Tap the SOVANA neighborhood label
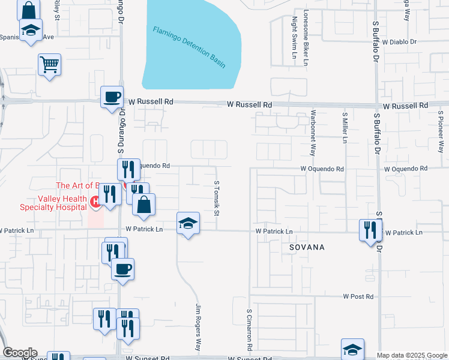click(306, 247)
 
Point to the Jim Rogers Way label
click(197, 328)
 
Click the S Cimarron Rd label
click(249, 330)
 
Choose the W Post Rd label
click(358, 296)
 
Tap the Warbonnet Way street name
click(313, 133)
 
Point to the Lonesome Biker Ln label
click(306, 37)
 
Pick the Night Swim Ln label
click(295, 38)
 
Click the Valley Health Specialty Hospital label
click(45, 204)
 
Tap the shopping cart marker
click(49, 64)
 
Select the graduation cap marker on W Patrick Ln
click(188, 224)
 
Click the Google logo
click(19, 353)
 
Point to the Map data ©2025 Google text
click(412, 355)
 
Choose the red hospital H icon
click(95, 202)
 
